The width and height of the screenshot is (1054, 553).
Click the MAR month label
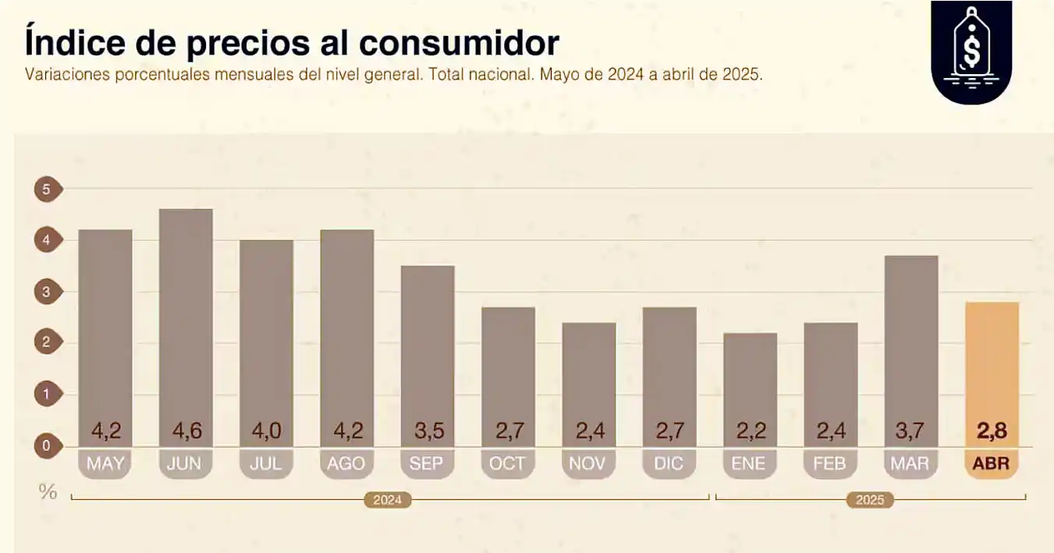point(910,464)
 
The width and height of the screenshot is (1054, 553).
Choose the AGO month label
point(346,464)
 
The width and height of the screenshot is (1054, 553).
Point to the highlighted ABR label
point(992,464)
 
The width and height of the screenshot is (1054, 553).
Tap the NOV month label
point(588,464)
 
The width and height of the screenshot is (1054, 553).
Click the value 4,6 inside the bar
point(186,431)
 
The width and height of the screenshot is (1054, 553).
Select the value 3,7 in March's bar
point(910,431)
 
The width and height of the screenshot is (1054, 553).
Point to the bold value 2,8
point(992,431)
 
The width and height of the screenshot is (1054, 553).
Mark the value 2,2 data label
point(750,431)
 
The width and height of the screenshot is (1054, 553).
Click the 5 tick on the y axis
point(47,190)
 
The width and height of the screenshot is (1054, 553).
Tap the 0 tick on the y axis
point(47,446)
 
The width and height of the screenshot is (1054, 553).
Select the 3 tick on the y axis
point(47,292)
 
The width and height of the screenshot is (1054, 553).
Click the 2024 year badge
point(387,500)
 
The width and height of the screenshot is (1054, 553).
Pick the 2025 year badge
point(870,500)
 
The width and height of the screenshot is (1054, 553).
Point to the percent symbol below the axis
point(48,492)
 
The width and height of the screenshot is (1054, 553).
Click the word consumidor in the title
point(459,43)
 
